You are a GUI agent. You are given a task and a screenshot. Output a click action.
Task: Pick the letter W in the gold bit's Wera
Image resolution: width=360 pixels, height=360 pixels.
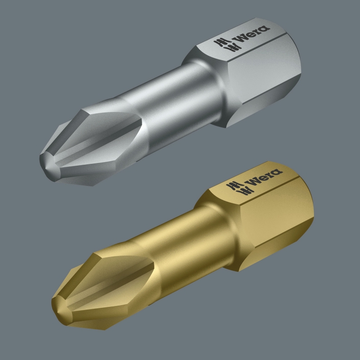[253, 181]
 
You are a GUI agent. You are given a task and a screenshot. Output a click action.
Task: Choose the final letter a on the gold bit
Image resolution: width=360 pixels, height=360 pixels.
[276, 172]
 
